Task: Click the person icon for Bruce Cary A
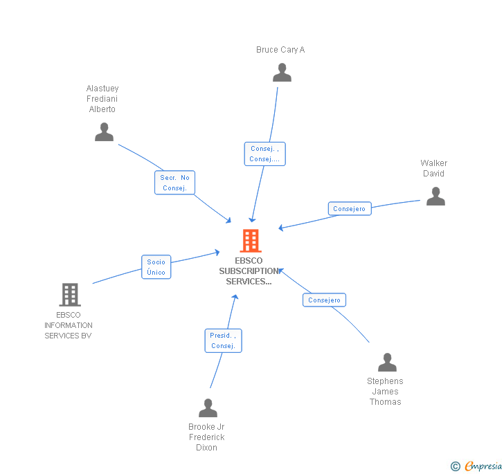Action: click(x=282, y=73)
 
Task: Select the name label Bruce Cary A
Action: click(x=280, y=50)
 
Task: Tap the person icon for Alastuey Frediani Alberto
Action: click(x=104, y=131)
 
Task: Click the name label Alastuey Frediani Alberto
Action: click(x=102, y=99)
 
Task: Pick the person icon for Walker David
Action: click(x=435, y=197)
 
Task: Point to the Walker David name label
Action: click(x=434, y=168)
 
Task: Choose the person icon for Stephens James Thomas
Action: click(x=387, y=362)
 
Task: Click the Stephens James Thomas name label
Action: click(x=385, y=392)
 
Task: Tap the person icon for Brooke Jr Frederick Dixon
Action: click(x=208, y=408)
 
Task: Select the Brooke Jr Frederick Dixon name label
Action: click(x=206, y=437)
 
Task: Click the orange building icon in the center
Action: click(x=251, y=241)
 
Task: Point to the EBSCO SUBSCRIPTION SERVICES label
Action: click(x=249, y=271)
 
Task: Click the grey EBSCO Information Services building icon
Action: click(x=69, y=295)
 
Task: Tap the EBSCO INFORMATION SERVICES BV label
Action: click(x=69, y=325)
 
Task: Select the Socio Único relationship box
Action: click(x=156, y=267)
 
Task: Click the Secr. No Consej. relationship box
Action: click(x=175, y=183)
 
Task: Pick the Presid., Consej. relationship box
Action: click(x=224, y=340)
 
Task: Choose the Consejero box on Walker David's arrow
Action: click(x=350, y=209)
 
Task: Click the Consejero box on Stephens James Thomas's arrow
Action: click(x=324, y=300)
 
